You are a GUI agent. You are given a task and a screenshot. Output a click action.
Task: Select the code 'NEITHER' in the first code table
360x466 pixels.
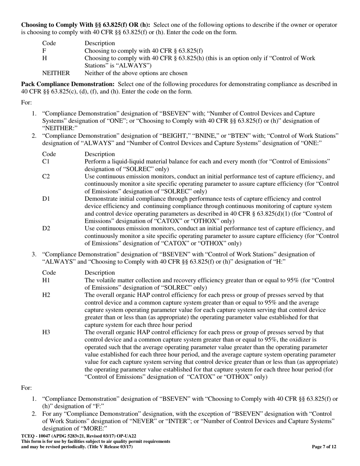(56, 73)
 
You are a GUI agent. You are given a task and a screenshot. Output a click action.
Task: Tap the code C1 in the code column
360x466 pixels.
(46, 161)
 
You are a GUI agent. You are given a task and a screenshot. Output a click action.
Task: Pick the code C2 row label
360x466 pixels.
(46, 177)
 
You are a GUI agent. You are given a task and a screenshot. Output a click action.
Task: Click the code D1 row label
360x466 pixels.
(46, 199)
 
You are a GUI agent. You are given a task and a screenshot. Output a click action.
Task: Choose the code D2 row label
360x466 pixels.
(46, 228)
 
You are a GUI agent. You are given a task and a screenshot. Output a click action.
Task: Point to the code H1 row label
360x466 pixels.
(46, 280)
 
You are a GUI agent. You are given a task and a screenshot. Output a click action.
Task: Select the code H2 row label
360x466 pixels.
(46, 295)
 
